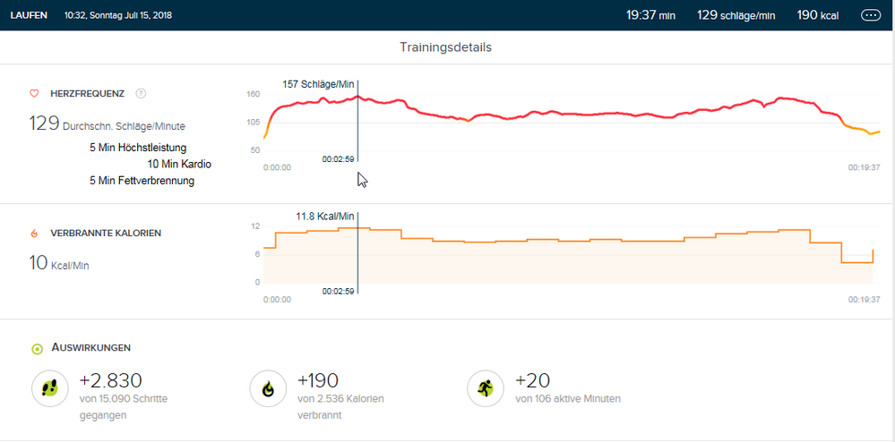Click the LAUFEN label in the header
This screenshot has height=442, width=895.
[30, 15]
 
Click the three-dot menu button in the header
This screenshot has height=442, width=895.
[870, 15]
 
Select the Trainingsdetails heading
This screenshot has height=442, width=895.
[445, 47]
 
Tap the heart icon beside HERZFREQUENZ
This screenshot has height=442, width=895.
[34, 93]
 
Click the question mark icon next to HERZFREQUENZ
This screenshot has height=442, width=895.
[141, 93]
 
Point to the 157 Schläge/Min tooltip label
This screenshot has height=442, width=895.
[318, 84]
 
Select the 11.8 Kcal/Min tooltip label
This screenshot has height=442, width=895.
[325, 216]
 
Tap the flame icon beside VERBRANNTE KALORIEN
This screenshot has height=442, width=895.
[34, 233]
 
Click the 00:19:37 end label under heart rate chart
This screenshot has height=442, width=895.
[865, 166]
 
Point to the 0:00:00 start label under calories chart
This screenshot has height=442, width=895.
[277, 300]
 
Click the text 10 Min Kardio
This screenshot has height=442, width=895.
[179, 164]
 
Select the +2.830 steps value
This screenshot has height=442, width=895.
[111, 381]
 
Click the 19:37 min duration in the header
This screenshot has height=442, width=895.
[650, 15]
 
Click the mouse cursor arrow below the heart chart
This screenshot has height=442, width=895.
[362, 180]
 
